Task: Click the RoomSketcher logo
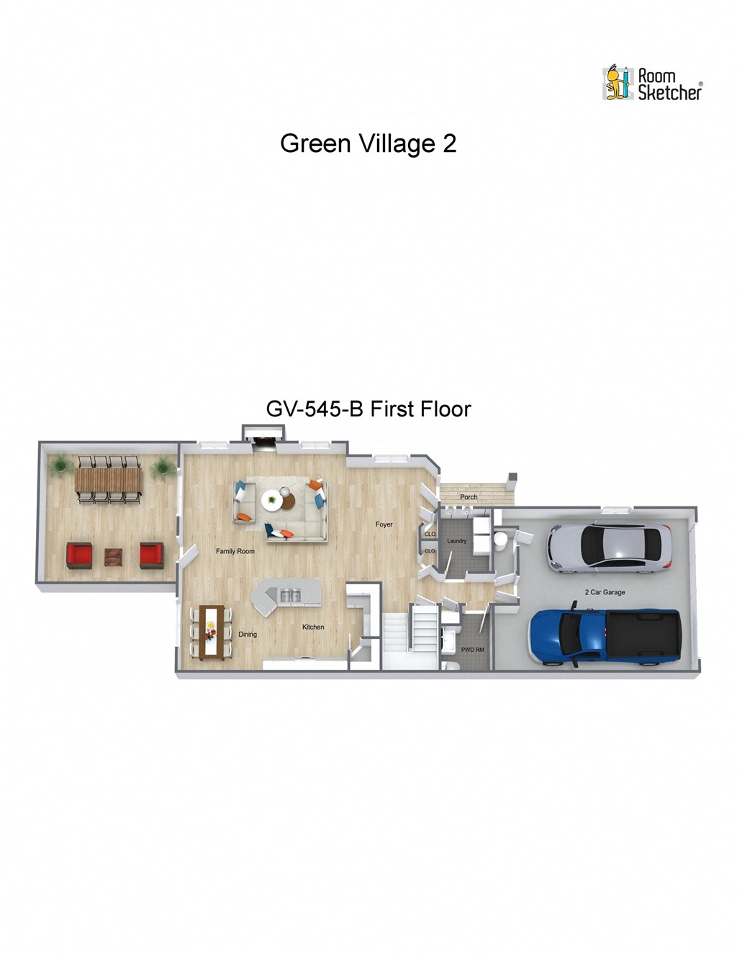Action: [x=651, y=83]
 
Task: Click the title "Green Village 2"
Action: [x=368, y=143]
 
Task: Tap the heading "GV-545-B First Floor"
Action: [x=368, y=409]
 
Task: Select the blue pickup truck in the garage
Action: [x=604, y=637]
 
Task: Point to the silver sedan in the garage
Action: [x=609, y=547]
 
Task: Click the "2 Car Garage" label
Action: [x=605, y=592]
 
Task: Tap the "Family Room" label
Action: [x=235, y=551]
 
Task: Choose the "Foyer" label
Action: [x=384, y=524]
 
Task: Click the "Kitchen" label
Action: [x=313, y=627]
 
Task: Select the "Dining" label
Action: [x=248, y=635]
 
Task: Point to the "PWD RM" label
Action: [x=472, y=650]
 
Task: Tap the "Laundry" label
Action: [x=457, y=541]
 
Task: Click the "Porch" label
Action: [x=469, y=497]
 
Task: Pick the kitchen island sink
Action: [x=291, y=594]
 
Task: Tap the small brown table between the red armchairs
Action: [x=114, y=557]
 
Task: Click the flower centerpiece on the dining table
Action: [x=211, y=632]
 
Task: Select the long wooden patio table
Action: [x=108, y=477]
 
